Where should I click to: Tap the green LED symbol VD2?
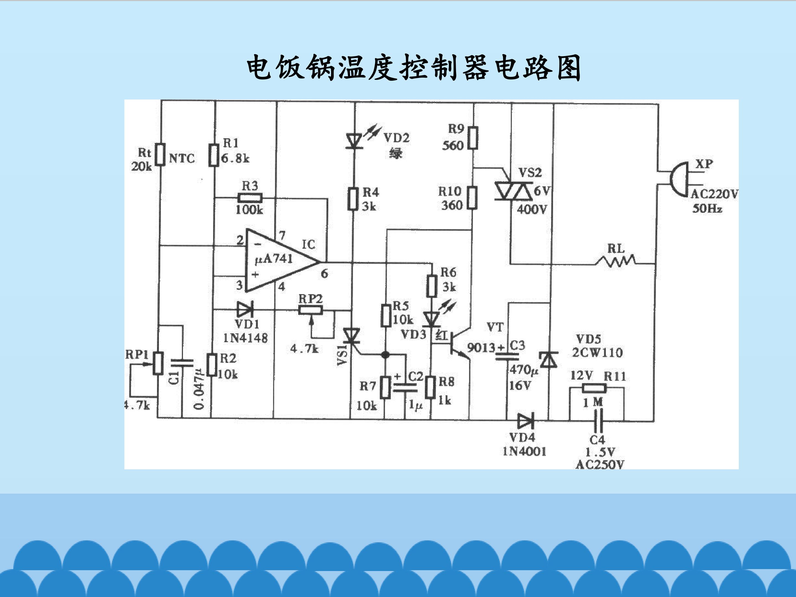354,140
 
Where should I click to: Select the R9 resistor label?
456,129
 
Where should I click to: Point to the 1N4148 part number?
245,338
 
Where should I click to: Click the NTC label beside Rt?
182,158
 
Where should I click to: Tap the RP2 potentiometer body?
311,310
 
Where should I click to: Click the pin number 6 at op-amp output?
324,274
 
